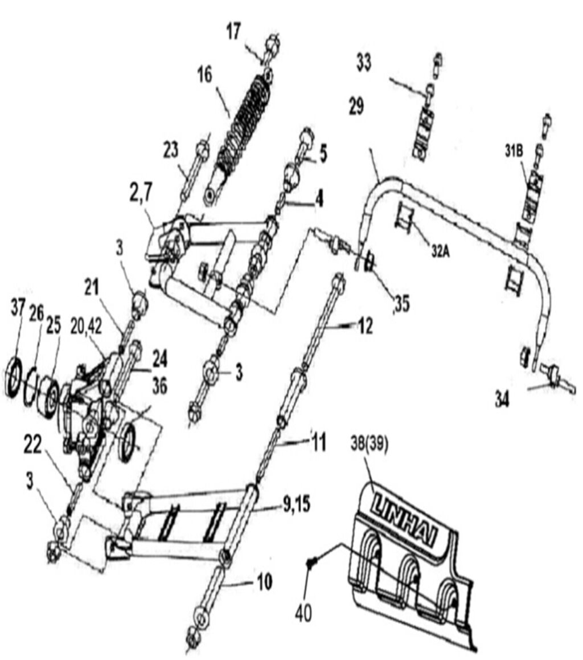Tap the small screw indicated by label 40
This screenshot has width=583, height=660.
pyautogui.click(x=310, y=563)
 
